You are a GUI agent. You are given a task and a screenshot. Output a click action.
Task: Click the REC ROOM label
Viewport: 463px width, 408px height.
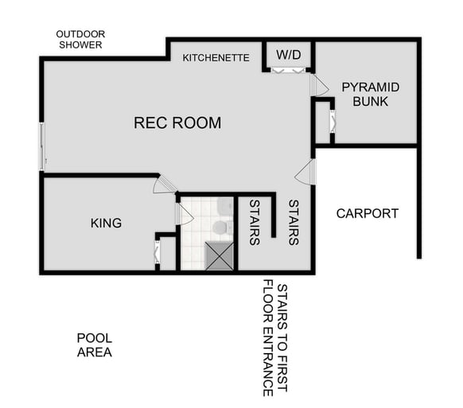pyautogui.click(x=177, y=123)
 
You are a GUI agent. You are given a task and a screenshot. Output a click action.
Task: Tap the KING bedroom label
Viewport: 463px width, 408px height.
pyautogui.click(x=106, y=223)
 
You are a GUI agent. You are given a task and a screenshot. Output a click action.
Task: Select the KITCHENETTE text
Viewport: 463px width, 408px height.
pyautogui.click(x=216, y=58)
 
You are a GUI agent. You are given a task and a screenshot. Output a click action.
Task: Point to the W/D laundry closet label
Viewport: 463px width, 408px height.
pyautogui.click(x=288, y=55)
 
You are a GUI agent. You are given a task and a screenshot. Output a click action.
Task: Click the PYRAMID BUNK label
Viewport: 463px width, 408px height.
pyautogui.click(x=370, y=94)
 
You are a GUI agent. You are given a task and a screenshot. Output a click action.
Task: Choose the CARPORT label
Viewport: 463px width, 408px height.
pyautogui.click(x=367, y=213)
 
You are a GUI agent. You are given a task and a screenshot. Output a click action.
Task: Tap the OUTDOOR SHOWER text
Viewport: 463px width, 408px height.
pyautogui.click(x=80, y=40)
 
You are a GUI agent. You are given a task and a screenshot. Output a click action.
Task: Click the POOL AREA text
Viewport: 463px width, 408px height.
pyautogui.click(x=94, y=344)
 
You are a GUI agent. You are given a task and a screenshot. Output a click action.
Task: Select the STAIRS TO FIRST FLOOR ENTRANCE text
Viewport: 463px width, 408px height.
pyautogui.click(x=275, y=337)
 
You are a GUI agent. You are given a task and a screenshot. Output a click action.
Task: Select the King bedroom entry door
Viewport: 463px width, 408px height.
pyautogui.click(x=165, y=185)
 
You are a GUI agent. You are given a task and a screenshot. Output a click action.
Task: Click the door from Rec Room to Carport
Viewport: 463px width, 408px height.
pyautogui.click(x=306, y=172)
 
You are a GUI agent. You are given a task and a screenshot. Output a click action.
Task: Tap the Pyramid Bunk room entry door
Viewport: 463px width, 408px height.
pyautogui.click(x=319, y=86)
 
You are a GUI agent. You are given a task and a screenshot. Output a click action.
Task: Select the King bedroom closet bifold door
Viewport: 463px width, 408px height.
pyautogui.click(x=156, y=253)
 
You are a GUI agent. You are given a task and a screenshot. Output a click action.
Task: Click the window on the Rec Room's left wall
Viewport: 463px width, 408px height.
pyautogui.click(x=41, y=146)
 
